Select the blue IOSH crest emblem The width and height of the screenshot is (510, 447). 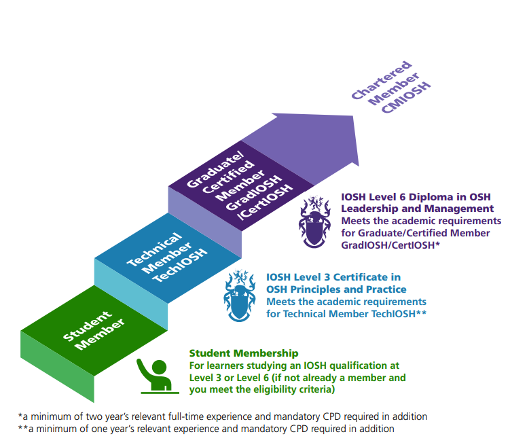[239, 296]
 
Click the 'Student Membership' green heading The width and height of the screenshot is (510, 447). [244, 353]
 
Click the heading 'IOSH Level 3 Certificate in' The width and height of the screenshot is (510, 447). [333, 277]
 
